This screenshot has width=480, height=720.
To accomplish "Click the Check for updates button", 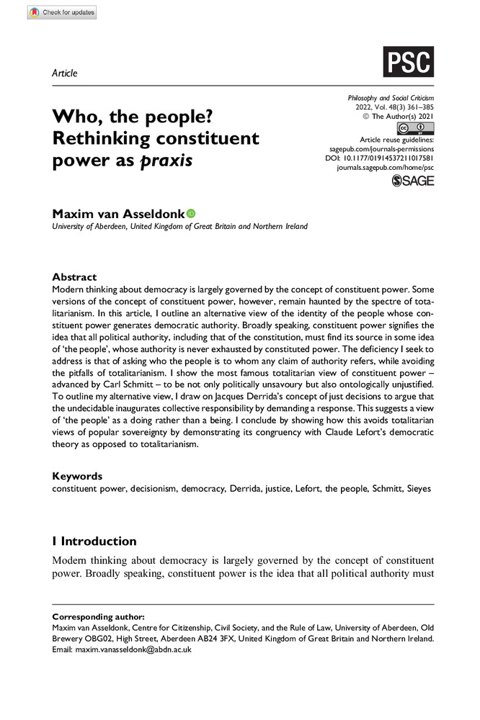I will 61,12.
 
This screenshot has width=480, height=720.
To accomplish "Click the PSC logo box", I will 409,62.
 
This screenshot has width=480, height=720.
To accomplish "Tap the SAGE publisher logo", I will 413,181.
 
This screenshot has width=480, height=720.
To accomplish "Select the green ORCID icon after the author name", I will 191,213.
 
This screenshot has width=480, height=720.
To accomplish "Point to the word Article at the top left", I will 65,73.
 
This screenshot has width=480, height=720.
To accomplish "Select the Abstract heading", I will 74,276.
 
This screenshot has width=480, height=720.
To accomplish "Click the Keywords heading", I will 78,476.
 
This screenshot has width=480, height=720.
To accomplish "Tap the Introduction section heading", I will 94,541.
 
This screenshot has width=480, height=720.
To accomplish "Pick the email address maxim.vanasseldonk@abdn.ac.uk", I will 133,649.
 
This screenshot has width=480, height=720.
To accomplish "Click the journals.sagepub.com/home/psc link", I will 386,166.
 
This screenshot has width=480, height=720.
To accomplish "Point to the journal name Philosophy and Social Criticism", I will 391,97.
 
